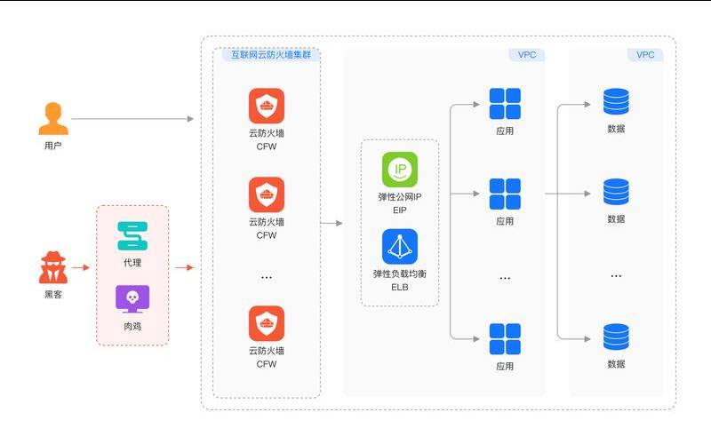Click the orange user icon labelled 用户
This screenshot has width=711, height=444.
pos(53,118)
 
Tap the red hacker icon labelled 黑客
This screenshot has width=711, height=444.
pos(53,267)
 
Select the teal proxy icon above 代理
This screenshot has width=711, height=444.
pos(132,236)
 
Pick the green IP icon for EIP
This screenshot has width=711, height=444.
pos(400,170)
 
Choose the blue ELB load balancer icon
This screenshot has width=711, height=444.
pos(400,246)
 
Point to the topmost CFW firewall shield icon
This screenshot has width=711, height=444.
pos(267,107)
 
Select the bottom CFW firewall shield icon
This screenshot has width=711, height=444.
pos(267,324)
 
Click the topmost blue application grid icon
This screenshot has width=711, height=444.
pos(505,104)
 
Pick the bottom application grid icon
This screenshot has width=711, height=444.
pos(505,339)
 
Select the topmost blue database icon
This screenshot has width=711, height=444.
pos(616,102)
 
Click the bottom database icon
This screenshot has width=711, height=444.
pos(616,337)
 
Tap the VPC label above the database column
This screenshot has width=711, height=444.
pos(646,55)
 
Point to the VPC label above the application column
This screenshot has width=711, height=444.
pos(528,55)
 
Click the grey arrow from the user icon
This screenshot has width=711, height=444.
pos(132,118)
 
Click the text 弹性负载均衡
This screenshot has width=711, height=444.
pos(400,274)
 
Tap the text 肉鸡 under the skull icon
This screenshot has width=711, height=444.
pos(132,326)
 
